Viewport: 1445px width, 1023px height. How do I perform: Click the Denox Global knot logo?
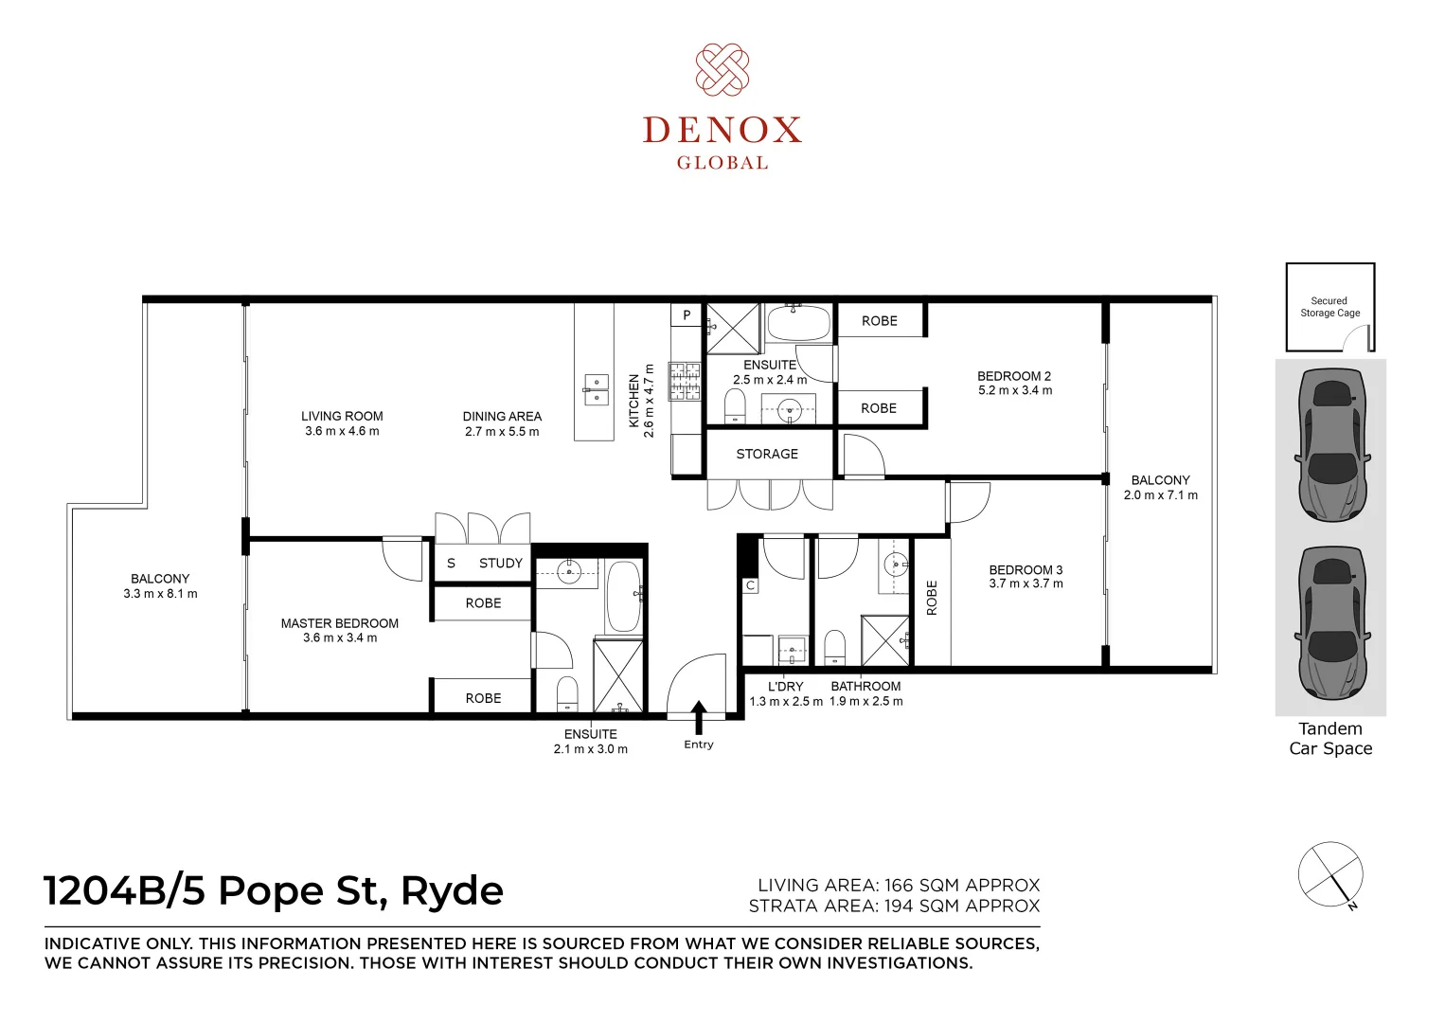pos(722,69)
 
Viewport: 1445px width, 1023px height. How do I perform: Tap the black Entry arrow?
pos(699,717)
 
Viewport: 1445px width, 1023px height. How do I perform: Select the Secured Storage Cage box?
pos(1329,307)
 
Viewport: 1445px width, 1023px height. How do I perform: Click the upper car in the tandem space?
pos(1330,443)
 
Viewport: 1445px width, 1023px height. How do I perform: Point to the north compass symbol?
pos(1330,873)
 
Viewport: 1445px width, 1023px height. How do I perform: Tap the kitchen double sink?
pos(595,389)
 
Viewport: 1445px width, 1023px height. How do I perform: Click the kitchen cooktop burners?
pos(685,381)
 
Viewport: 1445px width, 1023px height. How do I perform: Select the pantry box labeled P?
pos(687,315)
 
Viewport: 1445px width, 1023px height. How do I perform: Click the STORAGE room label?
pos(767,455)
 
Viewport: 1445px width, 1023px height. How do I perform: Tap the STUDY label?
pos(500,563)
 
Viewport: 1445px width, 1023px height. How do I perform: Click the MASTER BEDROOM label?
pos(339,623)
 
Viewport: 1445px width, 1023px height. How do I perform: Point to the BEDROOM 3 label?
pos(1026,570)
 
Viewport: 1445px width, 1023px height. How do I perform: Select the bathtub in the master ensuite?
pos(624,597)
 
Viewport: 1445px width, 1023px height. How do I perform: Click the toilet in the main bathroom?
pos(834,647)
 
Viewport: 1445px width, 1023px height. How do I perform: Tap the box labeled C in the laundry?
pos(750,585)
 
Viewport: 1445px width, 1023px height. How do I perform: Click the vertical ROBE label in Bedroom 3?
pos(932,598)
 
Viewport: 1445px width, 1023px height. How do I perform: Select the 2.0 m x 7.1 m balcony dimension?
pos(1160,495)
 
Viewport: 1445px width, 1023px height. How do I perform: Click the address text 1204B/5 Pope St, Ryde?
pos(274,891)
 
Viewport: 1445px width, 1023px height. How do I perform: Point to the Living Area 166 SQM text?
pos(898,885)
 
